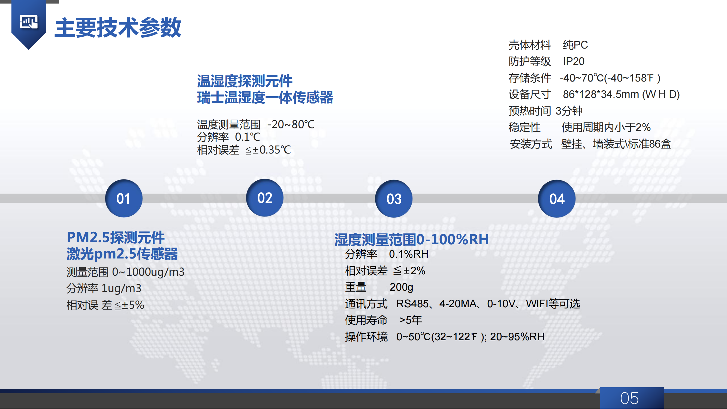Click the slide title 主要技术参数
point(118,28)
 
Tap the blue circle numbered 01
point(123,199)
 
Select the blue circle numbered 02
point(265,198)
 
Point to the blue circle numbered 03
point(394,199)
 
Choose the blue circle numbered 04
point(557,199)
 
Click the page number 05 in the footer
point(629,398)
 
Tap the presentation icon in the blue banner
point(29,22)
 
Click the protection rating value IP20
point(574,61)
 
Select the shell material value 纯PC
point(575,45)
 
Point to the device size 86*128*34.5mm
point(601,94)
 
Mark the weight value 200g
point(401,287)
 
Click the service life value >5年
point(411,320)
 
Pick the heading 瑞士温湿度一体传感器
point(265,97)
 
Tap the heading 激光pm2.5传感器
point(122,254)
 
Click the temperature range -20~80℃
point(291,124)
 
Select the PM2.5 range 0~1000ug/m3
point(148,272)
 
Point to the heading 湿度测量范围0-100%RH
point(412,239)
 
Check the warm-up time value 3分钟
point(569,111)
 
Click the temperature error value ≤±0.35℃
point(268,150)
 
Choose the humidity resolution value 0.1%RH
point(409,254)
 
